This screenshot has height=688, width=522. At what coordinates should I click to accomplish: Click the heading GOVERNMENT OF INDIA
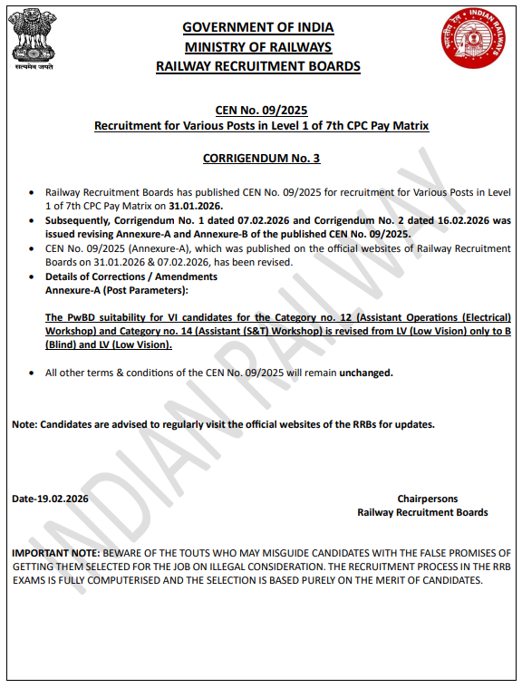pyautogui.click(x=257, y=28)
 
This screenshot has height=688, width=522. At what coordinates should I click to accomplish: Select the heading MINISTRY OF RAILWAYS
pyautogui.click(x=257, y=47)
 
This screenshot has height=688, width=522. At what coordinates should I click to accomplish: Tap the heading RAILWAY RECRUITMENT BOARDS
pyautogui.click(x=257, y=66)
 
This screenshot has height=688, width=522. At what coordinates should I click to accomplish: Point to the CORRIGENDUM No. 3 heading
pyautogui.click(x=261, y=158)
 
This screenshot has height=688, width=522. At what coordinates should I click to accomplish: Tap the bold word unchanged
pyautogui.click(x=366, y=373)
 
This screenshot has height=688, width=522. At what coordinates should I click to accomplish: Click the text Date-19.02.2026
pyautogui.click(x=50, y=499)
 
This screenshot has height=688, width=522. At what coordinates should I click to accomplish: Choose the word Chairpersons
pyautogui.click(x=427, y=499)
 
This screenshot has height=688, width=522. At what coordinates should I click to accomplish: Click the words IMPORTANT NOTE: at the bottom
pyautogui.click(x=55, y=552)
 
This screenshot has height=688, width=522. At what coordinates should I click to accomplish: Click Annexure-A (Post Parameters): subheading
pyautogui.click(x=116, y=290)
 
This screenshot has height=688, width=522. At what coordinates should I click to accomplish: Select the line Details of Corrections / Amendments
pyautogui.click(x=130, y=276)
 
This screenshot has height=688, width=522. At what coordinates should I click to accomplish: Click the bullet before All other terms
pyautogui.click(x=34, y=373)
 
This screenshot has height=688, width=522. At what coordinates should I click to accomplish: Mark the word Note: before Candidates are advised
pyautogui.click(x=24, y=424)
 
